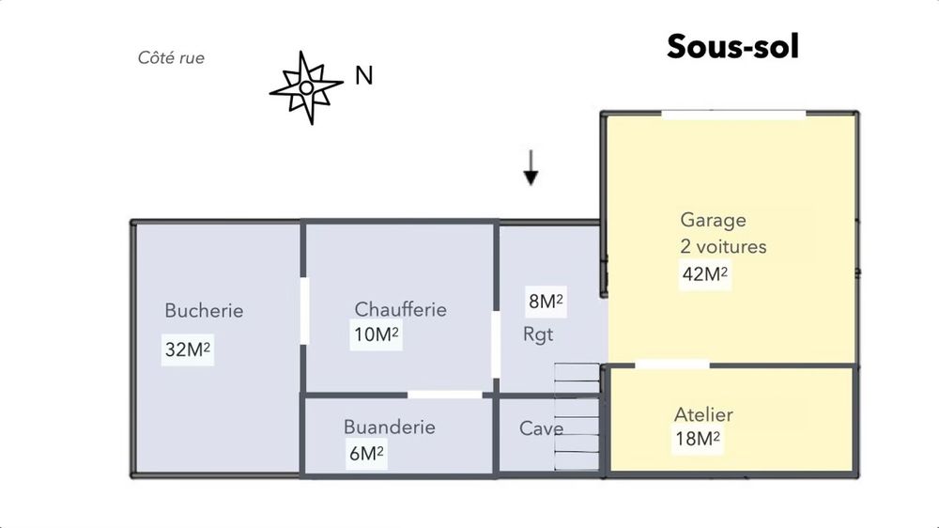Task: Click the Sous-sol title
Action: [732, 46]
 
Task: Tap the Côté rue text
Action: [171, 58]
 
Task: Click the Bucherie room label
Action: [204, 310]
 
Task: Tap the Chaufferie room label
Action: [400, 309]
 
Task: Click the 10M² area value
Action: [376, 334]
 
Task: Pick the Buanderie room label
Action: [389, 427]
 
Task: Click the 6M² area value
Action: [366, 454]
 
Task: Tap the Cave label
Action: [541, 428]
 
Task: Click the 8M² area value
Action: [546, 302]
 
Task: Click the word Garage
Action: [713, 220]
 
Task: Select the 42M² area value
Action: [704, 274]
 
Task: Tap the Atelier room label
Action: [703, 414]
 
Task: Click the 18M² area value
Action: [697, 439]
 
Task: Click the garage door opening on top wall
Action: [733, 114]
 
